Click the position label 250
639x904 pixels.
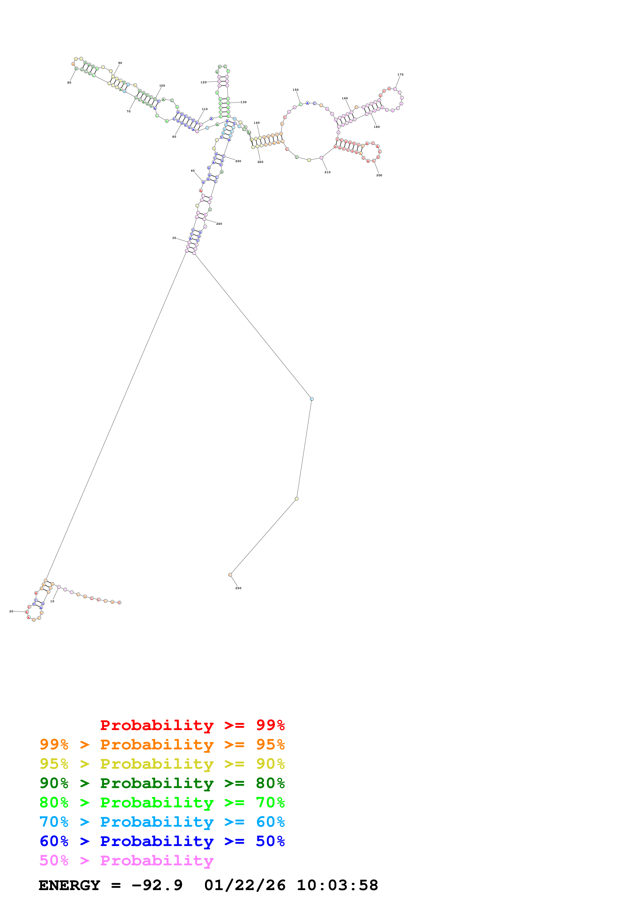(238, 588)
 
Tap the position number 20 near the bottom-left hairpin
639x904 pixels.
(11, 611)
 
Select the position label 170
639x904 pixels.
(400, 74)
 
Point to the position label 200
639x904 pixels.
(379, 175)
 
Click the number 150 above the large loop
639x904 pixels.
(296, 90)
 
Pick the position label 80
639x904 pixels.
(69, 83)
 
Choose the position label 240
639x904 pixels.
(219, 224)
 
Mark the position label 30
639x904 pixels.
(174, 238)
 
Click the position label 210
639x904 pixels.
(328, 172)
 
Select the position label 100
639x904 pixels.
(162, 86)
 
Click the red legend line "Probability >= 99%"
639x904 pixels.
(193, 725)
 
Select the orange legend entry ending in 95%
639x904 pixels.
(162, 744)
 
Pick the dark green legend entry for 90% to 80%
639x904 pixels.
(162, 783)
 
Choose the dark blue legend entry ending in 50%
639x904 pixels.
(162, 841)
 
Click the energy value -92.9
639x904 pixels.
(157, 885)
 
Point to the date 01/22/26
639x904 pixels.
(245, 885)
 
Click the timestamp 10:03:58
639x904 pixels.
(337, 885)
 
